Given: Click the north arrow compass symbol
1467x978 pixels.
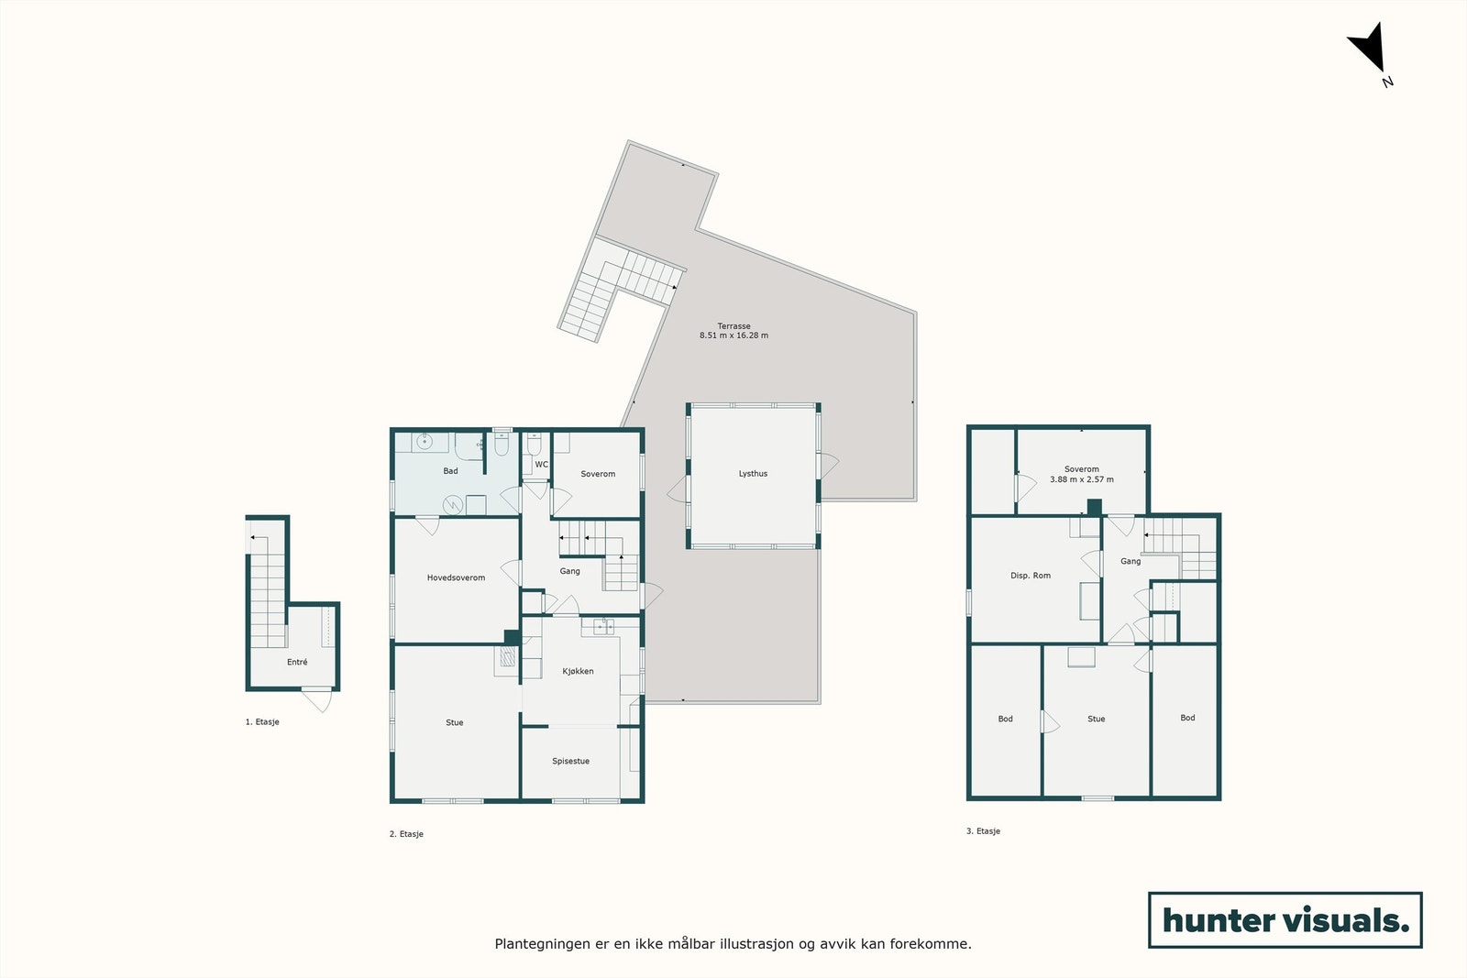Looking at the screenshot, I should point(1368,49).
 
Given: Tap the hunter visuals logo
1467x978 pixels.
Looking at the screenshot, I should point(1285,919).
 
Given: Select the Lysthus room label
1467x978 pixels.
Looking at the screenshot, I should point(753,474).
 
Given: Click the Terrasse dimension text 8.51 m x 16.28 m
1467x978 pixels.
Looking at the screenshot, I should point(733,335).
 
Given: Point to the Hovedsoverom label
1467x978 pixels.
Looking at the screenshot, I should point(456,578).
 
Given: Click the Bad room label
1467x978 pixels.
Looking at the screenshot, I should point(450,471).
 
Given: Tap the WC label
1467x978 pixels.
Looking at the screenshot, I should point(542,465).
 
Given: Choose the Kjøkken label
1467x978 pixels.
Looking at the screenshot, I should point(578,672).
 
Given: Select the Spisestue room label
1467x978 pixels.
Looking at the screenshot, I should point(570,762).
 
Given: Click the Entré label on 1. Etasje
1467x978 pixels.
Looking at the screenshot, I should point(297,662).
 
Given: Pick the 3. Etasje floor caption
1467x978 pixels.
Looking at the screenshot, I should point(983,831).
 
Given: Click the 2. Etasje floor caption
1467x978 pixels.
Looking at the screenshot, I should point(406,835).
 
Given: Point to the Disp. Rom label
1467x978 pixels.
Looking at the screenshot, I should point(1031,576).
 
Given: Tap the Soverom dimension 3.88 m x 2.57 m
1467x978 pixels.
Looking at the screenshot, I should point(1082,479).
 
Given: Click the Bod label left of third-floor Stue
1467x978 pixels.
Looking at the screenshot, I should point(1005,720).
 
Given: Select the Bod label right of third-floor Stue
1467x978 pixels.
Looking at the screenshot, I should point(1187,718).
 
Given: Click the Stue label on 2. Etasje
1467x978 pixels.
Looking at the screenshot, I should point(455,723).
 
